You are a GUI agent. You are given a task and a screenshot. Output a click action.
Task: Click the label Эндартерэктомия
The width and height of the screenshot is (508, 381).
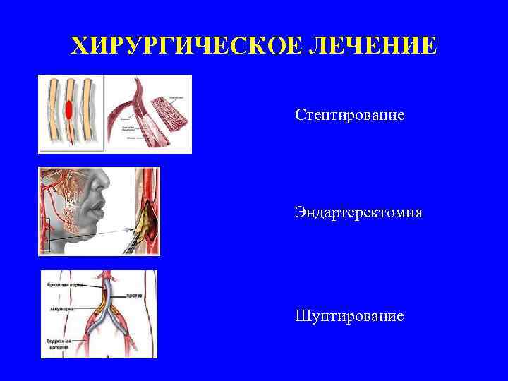pyautogui.click(x=359, y=212)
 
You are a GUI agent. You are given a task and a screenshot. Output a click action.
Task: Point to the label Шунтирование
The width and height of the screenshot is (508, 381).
pyautogui.click(x=350, y=315)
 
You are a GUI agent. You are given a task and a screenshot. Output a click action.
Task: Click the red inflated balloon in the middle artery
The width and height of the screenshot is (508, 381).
pyautogui.click(x=69, y=110)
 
